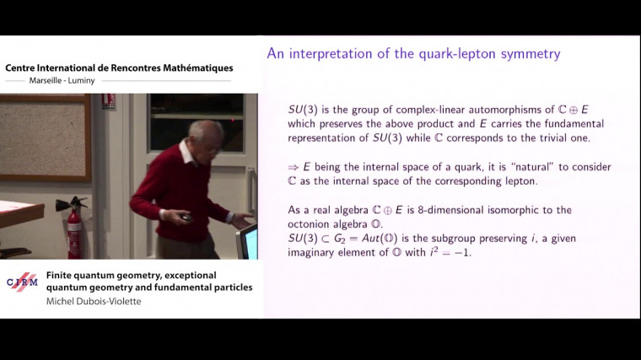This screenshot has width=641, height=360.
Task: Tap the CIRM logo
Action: [22, 282]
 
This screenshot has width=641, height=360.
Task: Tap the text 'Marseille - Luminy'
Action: [51, 82]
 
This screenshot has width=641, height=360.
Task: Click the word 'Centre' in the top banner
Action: [24, 68]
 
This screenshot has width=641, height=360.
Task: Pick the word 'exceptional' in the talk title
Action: [183, 275]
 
